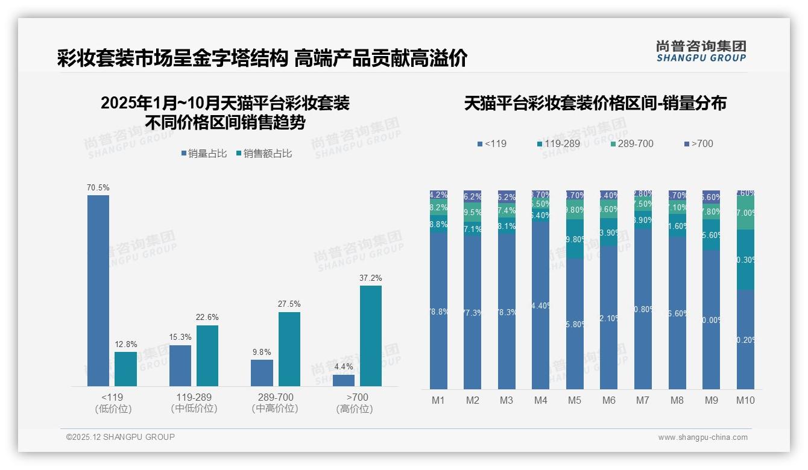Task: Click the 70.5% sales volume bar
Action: [x=98, y=290]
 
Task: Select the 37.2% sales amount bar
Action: [x=371, y=336]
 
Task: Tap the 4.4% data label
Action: [x=343, y=366]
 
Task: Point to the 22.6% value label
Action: [x=207, y=317]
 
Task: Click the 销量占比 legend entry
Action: [x=204, y=154]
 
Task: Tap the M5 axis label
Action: [x=575, y=400]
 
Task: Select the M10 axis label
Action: [x=745, y=400]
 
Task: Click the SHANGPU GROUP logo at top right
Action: [x=701, y=51]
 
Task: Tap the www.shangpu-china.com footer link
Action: [x=702, y=437]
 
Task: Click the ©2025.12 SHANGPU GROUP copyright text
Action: [x=121, y=437]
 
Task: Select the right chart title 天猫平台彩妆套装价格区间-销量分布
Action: [x=595, y=103]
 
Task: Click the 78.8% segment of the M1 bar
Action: [x=438, y=311]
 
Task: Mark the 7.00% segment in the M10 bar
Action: [x=745, y=213]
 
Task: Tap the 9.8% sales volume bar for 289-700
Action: [x=262, y=373]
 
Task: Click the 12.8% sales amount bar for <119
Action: [x=125, y=369]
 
